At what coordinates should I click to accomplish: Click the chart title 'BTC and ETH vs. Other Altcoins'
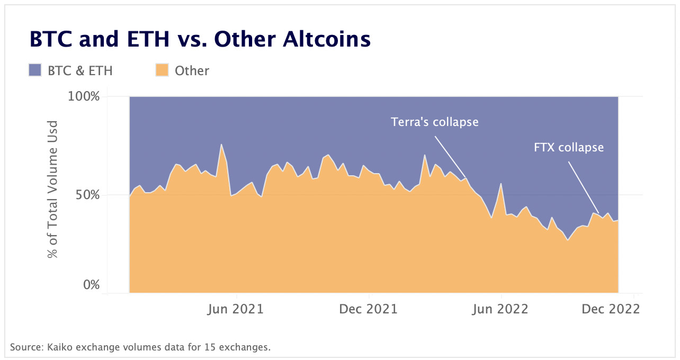pos(200,40)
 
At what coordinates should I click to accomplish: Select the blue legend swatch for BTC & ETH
pos(35,70)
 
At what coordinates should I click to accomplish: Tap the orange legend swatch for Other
pos(162,70)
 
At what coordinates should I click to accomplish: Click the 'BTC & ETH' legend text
pos(80,70)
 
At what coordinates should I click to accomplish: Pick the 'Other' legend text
pos(192,70)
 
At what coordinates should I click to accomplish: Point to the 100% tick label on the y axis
pos(84,97)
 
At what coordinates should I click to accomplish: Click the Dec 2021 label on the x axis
pos(369,309)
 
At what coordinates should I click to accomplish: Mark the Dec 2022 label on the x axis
pos(611,309)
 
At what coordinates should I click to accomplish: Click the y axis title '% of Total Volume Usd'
pos(52,190)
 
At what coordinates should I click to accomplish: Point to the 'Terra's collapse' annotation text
pos(434,122)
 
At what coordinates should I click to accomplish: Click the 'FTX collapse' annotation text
pos(569,147)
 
